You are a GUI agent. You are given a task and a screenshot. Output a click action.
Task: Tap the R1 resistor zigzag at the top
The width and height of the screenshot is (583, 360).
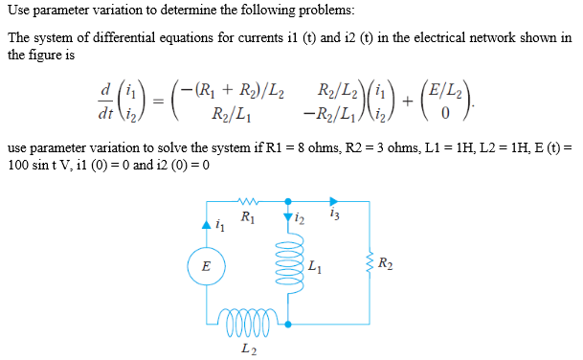247,202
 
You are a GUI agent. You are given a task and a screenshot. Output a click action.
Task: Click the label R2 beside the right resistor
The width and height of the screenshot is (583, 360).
385,263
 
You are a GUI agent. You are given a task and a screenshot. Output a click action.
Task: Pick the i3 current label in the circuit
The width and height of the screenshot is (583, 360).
332,215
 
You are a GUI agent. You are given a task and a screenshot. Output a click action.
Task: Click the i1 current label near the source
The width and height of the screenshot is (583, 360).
220,227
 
